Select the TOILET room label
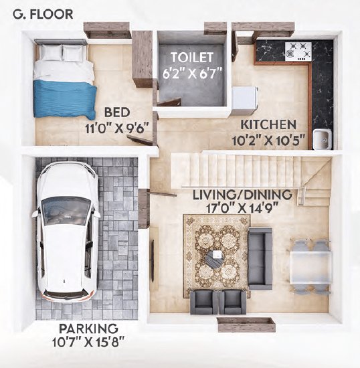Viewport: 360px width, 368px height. point(191,56)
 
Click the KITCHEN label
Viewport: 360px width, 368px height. point(270,125)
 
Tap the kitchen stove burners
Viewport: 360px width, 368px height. point(297,51)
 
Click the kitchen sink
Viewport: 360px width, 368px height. point(321,139)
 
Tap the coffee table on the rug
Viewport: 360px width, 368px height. point(215,258)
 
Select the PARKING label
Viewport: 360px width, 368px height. point(88,329)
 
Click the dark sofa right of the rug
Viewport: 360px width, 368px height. point(260,258)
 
